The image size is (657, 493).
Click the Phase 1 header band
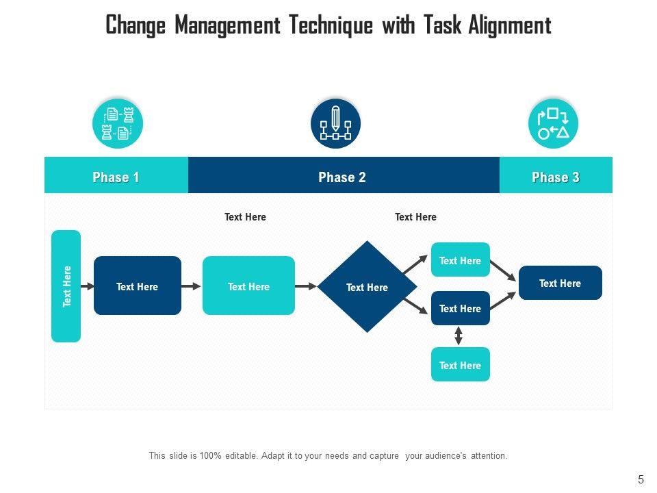point(116,177)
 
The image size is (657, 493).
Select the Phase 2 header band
point(343,177)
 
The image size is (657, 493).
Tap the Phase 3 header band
point(556,177)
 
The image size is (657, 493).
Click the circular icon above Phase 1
point(117,124)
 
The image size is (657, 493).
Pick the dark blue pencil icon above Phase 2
point(335,124)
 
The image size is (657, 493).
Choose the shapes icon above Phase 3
point(553,124)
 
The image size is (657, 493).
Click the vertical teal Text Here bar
point(66,286)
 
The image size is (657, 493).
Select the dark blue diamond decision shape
point(368,287)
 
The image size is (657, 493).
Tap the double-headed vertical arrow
point(459,336)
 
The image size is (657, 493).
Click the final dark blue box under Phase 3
point(560,283)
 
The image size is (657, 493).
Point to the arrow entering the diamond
point(306,286)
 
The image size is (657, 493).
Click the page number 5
point(641,479)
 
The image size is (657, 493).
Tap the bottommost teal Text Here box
point(460,364)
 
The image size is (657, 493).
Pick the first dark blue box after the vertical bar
point(137,286)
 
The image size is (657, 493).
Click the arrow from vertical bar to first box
point(87,286)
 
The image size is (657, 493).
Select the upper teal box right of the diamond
point(460,260)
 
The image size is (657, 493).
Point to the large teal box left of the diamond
point(248,286)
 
